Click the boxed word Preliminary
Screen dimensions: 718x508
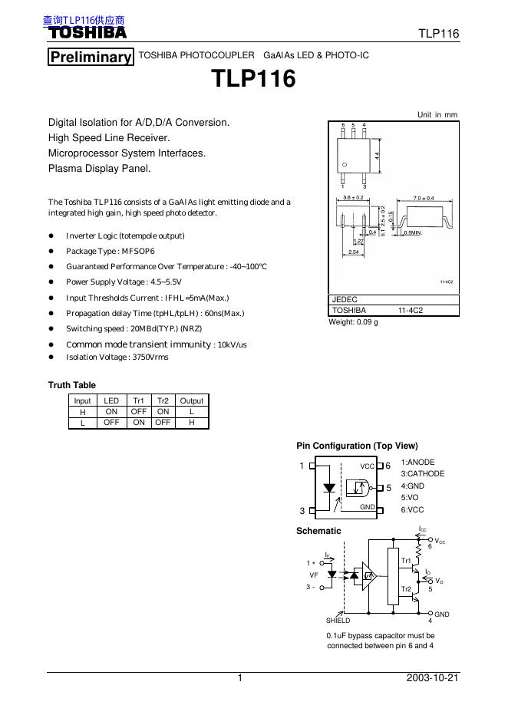[x=90, y=58]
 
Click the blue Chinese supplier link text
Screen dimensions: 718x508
[x=84, y=21]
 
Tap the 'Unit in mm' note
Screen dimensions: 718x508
[x=437, y=114]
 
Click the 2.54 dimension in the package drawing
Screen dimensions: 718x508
[x=353, y=252]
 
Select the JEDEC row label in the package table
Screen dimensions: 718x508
[x=345, y=300]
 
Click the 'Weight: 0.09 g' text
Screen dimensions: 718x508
[x=354, y=322]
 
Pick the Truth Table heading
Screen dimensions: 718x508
[x=72, y=385]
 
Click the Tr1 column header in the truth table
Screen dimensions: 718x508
[x=139, y=400]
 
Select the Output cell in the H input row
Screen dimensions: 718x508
[x=191, y=411]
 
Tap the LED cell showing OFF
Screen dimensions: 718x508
[x=111, y=422]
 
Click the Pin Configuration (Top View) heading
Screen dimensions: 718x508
[x=357, y=446]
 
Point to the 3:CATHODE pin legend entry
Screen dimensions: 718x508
[x=422, y=474]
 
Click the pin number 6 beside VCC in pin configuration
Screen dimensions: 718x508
[x=388, y=466]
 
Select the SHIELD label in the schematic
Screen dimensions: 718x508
[x=338, y=620]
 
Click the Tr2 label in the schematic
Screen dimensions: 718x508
[x=407, y=588]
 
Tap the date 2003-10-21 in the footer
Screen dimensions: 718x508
[x=432, y=679]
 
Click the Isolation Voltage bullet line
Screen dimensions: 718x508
[x=117, y=357]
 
